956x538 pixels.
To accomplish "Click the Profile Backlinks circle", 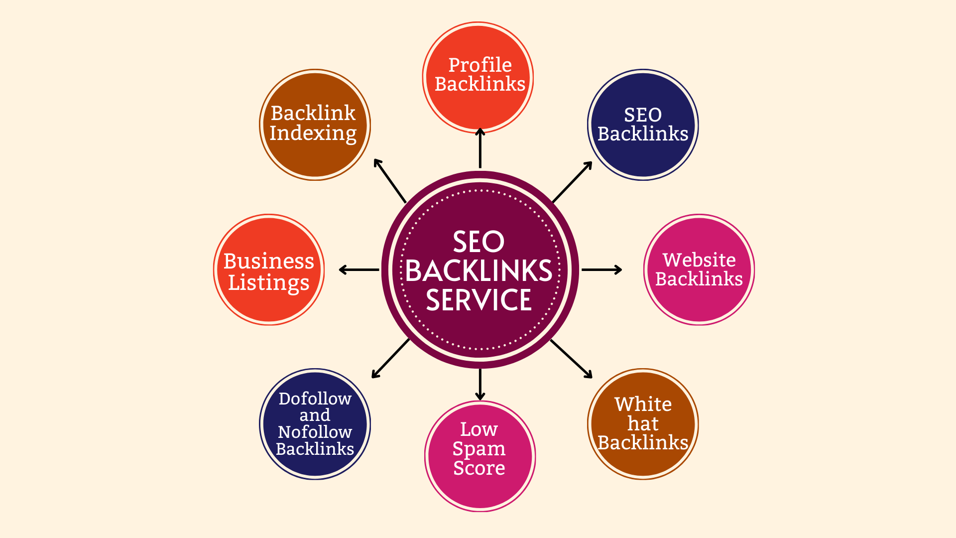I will click(478, 77).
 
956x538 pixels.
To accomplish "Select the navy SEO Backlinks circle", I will click(643, 125).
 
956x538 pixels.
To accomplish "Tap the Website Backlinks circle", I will click(699, 269).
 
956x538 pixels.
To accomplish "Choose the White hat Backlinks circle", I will click(643, 424).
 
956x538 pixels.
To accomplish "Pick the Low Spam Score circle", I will click(480, 456).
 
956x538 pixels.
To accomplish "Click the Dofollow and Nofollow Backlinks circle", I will click(315, 424).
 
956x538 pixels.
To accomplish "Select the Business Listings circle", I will click(269, 269).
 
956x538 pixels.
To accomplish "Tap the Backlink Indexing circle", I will click(315, 125).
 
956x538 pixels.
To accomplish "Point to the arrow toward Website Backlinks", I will click(601, 269).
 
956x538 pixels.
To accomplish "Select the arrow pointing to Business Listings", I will click(359, 269).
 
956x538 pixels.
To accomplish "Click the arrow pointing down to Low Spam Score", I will click(480, 384).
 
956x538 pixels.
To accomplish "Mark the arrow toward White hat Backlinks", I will click(571, 359).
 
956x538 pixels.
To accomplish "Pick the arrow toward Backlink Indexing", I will click(390, 180).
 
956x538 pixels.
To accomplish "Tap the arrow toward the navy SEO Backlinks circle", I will click(572, 182).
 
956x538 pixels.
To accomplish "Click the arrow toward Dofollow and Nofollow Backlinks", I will click(390, 359).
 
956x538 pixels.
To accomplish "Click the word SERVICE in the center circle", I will click(479, 300).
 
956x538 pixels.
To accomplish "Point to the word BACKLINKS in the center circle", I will click(479, 271).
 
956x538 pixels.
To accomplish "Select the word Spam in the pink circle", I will click(479, 449).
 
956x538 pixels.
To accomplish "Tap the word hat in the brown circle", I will click(643, 423).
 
